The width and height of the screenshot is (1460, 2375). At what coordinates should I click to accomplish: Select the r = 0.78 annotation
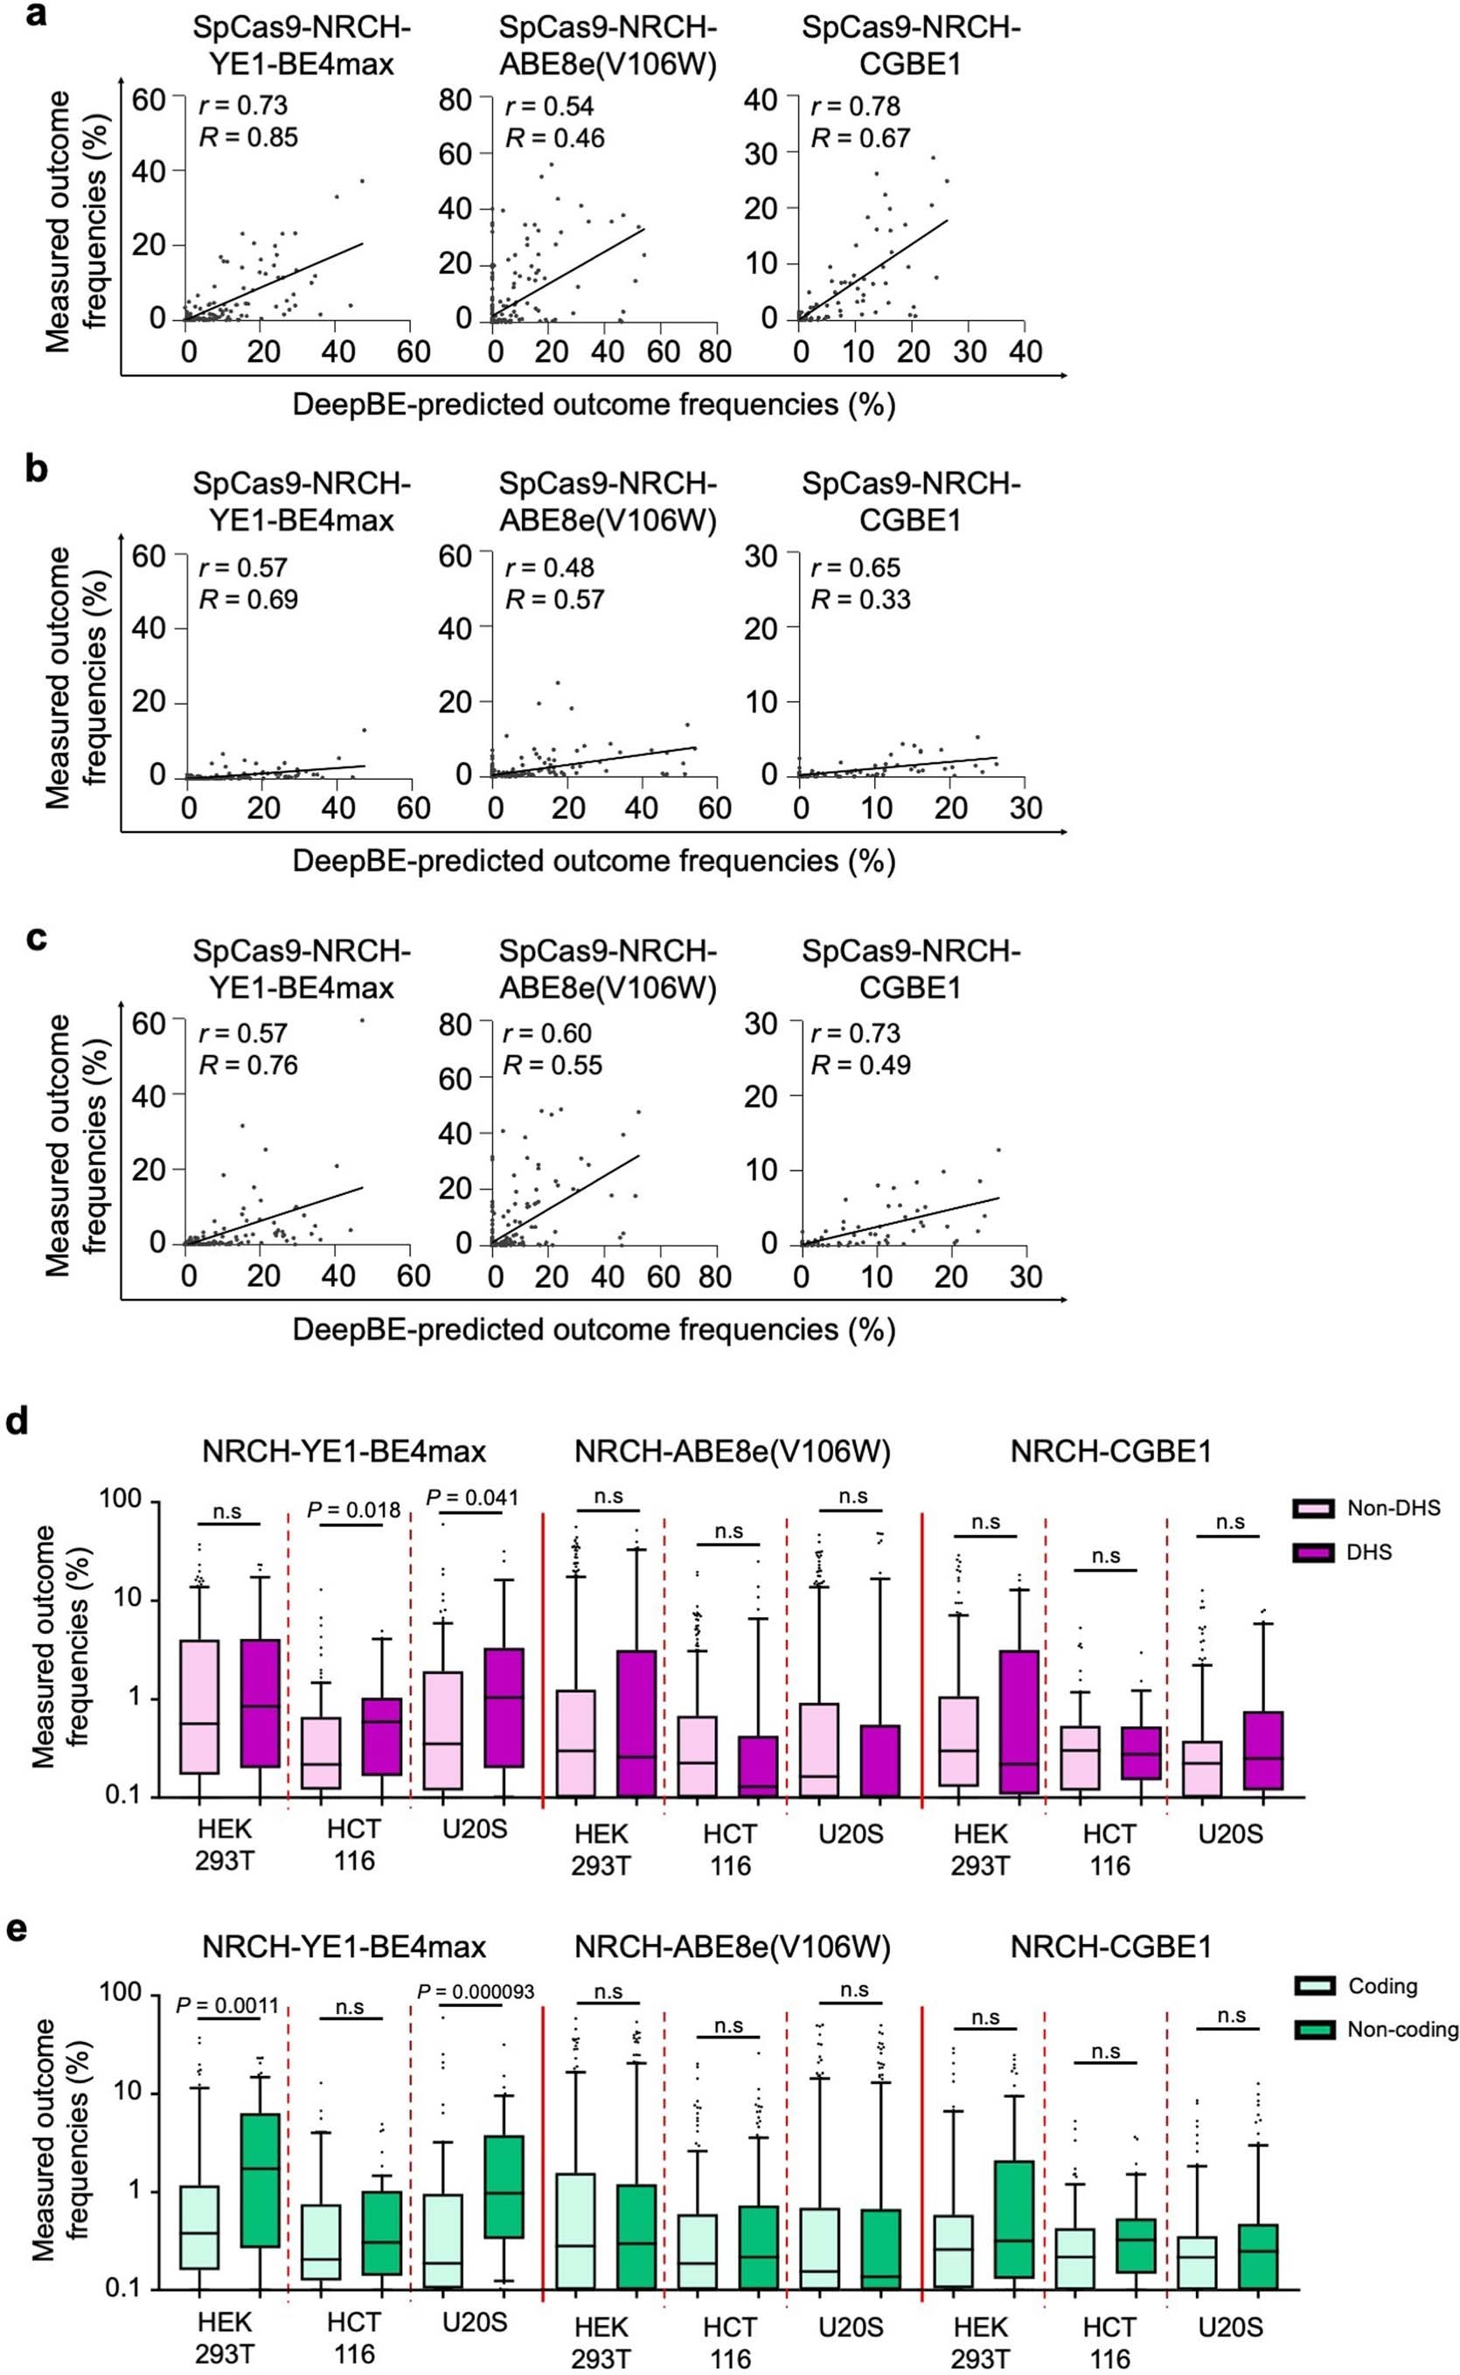[857, 106]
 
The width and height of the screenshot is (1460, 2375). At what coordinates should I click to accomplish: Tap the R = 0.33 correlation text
[860, 601]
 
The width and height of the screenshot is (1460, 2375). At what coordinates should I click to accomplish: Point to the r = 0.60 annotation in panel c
[547, 1033]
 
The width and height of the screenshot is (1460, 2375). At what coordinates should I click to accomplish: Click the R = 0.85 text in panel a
[248, 138]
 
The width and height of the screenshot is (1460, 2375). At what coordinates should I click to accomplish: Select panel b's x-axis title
[594, 860]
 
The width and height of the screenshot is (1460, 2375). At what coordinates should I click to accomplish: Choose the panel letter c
[36, 939]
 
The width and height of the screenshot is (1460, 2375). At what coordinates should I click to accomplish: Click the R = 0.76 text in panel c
[248, 1065]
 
